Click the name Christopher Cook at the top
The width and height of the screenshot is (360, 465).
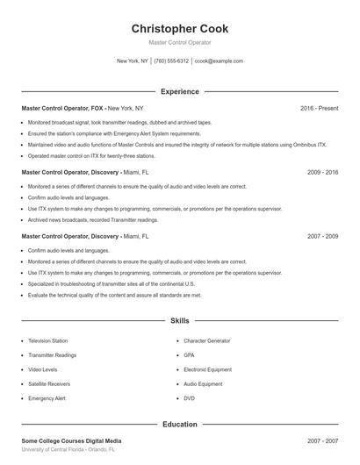(180, 29)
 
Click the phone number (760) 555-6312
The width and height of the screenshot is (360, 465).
(171, 61)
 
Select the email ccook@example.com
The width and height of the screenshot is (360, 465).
(219, 61)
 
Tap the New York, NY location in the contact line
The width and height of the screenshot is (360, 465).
(133, 61)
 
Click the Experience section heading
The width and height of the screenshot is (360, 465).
(180, 91)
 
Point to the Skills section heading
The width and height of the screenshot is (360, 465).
(180, 322)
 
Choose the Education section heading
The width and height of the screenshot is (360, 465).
(180, 425)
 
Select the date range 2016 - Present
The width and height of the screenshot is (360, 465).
(319, 108)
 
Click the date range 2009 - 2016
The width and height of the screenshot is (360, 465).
(322, 173)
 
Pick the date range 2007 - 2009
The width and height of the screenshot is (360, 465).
(322, 237)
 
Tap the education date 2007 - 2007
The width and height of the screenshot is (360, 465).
(322, 440)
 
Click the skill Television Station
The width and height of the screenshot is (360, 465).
(47, 340)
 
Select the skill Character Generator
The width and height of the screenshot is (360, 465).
(207, 340)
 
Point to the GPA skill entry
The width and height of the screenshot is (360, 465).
(189, 354)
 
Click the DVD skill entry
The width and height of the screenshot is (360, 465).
(189, 398)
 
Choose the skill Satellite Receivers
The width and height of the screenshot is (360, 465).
(49, 383)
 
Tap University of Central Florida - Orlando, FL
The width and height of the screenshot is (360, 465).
(68, 449)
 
